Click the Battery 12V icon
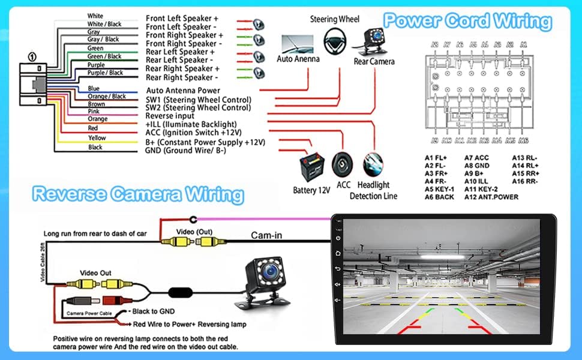point(312,165)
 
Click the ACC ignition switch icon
point(343,163)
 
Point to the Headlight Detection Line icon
point(373,164)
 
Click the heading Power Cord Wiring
point(467,21)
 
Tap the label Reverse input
point(170,116)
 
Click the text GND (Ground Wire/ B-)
point(186,151)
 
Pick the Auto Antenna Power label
point(183,91)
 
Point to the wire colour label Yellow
point(97,138)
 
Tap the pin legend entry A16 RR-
point(525,181)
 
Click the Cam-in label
point(266,235)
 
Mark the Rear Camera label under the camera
point(374,62)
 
